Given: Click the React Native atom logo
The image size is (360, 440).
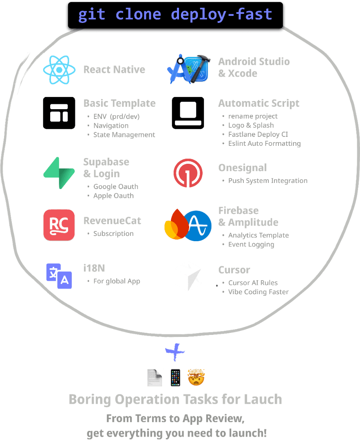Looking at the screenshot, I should point(60,70).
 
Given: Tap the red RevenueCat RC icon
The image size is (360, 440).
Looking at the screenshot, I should point(59,225).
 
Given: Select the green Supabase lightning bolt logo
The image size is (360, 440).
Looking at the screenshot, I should point(59,173).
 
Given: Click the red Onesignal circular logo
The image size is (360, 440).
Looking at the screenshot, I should point(188,173).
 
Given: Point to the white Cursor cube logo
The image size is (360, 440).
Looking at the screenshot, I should point(188,276).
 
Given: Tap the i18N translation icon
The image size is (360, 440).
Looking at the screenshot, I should point(59,276).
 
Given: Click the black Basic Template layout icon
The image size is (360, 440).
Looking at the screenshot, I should point(59,113).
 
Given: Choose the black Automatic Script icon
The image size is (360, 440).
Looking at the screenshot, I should point(188,113).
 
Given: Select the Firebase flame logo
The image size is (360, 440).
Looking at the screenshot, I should point(174,225).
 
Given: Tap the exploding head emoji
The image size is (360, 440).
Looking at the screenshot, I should point(196,377).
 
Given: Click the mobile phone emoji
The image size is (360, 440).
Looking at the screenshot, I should point(175,377).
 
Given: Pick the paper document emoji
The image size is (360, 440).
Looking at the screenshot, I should point(155,378).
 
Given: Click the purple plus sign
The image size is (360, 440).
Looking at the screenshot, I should point(175,352).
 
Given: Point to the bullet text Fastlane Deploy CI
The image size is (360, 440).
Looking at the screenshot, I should point(258,134).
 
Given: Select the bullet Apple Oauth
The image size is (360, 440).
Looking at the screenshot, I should point(113,196).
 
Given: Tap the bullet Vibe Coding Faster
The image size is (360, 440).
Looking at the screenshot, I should point(258,292).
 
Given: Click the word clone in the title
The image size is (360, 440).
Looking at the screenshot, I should point(138,15).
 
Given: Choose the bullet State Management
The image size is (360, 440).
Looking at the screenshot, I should point(124,135).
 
